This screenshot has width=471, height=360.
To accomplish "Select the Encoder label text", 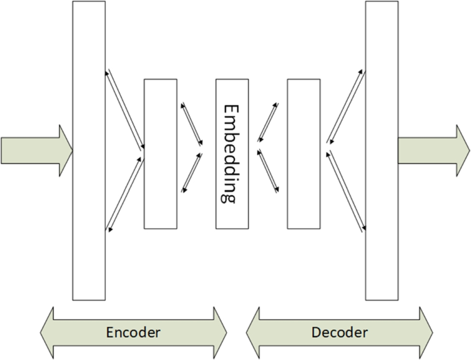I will click(x=133, y=333).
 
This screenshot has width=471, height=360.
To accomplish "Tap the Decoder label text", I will click(x=340, y=333).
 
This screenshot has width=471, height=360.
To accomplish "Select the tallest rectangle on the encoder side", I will click(x=89, y=150).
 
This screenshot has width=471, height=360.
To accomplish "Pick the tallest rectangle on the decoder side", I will click(x=381, y=150).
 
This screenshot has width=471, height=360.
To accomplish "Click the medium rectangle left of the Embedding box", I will click(x=160, y=153).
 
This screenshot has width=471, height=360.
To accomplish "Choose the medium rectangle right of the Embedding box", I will click(x=303, y=153).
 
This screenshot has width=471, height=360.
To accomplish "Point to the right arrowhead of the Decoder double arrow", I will click(x=424, y=333).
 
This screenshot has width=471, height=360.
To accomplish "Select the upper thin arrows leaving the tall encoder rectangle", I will click(x=124, y=108).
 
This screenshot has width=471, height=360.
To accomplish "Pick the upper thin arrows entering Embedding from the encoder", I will click(x=192, y=124).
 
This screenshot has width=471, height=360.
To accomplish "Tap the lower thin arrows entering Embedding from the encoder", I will click(x=192, y=172).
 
